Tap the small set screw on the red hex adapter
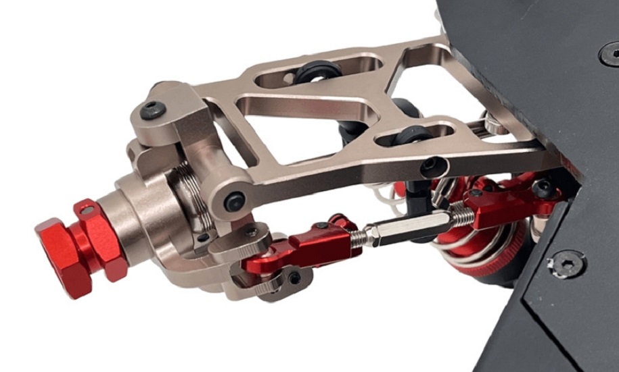(x=87, y=211)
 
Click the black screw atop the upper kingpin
(x=154, y=108)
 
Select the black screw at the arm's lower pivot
(x=235, y=201)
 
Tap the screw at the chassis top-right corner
(x=610, y=53)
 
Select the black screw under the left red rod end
(x=294, y=277)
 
